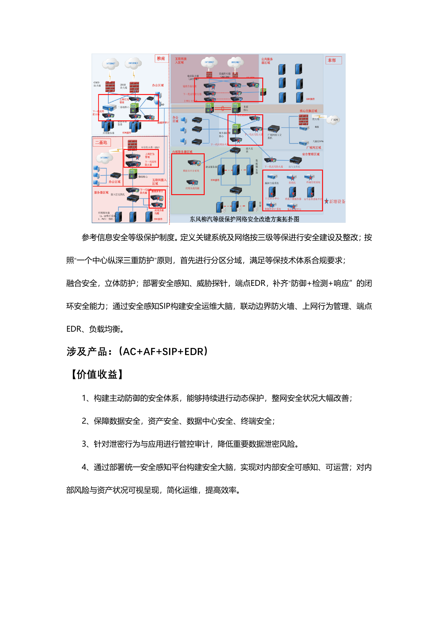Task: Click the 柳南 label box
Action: [x=161, y=59]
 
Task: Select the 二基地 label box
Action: [x=101, y=143]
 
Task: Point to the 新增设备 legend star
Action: [x=326, y=201]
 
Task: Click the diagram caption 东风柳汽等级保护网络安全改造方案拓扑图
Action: [x=244, y=219]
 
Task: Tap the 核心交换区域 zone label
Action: [x=308, y=111]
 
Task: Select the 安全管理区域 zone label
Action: [x=311, y=154]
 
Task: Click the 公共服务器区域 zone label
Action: [x=267, y=61]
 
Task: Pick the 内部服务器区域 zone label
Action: [x=182, y=152]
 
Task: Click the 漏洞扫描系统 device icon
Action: [x=272, y=177]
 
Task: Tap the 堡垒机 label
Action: [x=292, y=183]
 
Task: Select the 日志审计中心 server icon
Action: [x=272, y=192]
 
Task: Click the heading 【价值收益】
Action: [x=97, y=374]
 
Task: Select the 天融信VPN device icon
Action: [x=304, y=143]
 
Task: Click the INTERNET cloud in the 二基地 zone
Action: [x=105, y=158]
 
